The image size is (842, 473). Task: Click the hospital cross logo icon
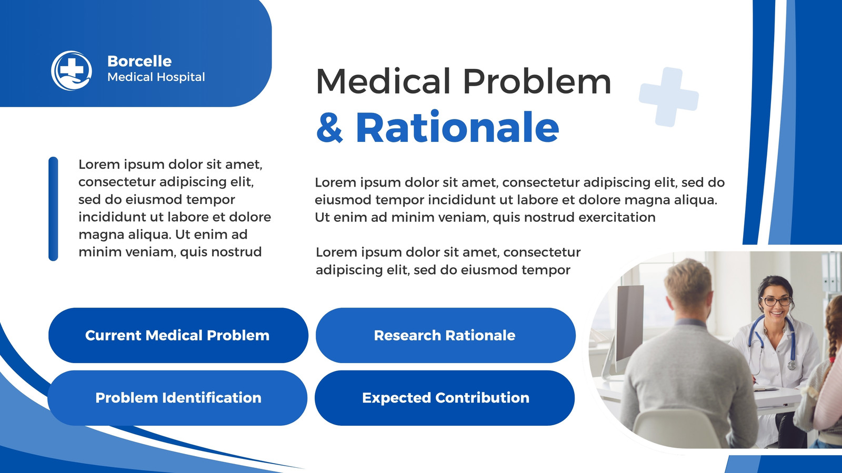72,70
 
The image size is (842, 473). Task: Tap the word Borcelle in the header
139,61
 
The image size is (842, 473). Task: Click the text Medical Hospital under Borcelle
156,77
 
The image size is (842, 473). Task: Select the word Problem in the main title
537,81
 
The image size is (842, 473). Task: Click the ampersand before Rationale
329,127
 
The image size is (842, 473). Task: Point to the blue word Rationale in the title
457,127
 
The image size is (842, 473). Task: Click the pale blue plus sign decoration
669,97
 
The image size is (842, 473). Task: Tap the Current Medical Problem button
178,335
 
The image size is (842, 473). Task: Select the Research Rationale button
445,335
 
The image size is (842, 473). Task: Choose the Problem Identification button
177,398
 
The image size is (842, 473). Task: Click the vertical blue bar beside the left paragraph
53,209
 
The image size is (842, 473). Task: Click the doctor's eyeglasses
776,301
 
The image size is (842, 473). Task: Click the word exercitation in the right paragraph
617,218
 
